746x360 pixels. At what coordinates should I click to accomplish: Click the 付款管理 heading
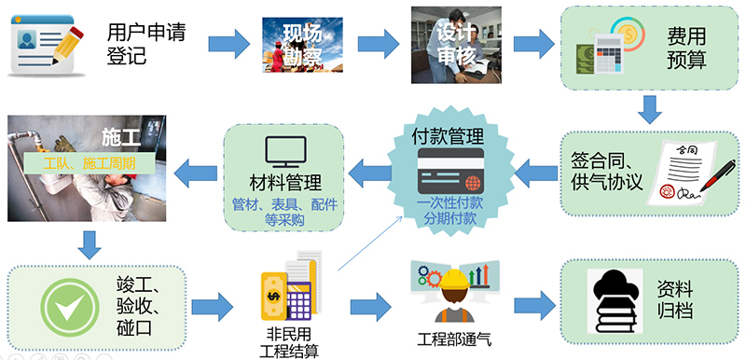[453, 137]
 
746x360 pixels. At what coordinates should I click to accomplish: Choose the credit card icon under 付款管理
[452, 174]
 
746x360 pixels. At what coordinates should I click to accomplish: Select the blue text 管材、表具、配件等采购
[284, 213]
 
